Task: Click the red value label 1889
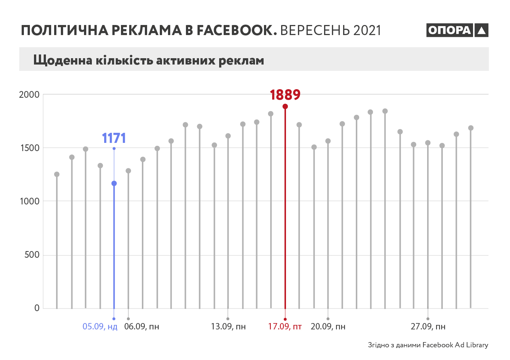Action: pos(285,95)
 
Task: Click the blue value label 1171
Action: pos(114,138)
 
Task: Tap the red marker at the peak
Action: pos(285,107)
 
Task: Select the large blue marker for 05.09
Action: pos(114,184)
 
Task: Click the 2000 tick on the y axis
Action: pos(29,94)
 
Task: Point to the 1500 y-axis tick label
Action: pos(29,148)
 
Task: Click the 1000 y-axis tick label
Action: pos(29,201)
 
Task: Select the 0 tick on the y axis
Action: pos(37,308)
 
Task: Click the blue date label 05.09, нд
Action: pos(100,327)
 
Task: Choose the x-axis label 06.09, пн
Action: pos(142,327)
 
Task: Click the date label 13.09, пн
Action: pos(228,327)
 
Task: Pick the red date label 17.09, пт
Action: pos(284,327)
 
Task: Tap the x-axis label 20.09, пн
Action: pos(328,327)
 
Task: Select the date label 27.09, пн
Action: pos(428,327)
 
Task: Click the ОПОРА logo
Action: pos(457,30)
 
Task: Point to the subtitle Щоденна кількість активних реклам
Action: pos(149,60)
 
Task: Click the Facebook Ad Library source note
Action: pos(428,345)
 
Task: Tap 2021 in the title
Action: pos(367,30)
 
